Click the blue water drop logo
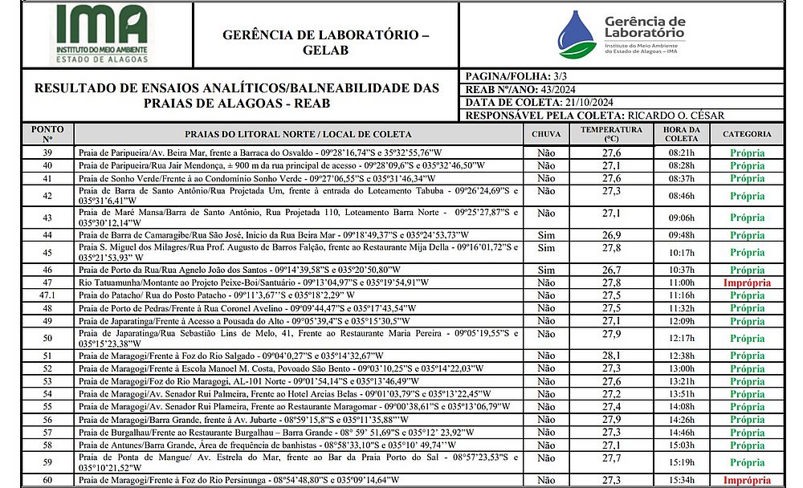tap(577, 35)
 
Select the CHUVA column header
tap(546, 134)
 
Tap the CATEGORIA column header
tap(747, 134)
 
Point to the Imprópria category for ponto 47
tap(747, 283)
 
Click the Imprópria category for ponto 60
tap(747, 481)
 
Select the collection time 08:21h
tap(681, 152)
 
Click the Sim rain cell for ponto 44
tap(546, 234)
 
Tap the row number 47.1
tap(47, 295)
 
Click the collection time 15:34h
tap(681, 481)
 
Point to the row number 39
tap(47, 152)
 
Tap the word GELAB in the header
tap(325, 50)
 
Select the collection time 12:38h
tap(681, 356)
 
